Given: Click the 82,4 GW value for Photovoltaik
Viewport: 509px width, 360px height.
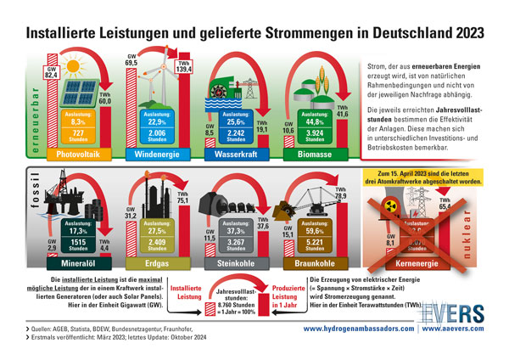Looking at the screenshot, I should (51, 76).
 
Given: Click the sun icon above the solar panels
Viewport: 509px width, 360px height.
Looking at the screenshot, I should (72, 65).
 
